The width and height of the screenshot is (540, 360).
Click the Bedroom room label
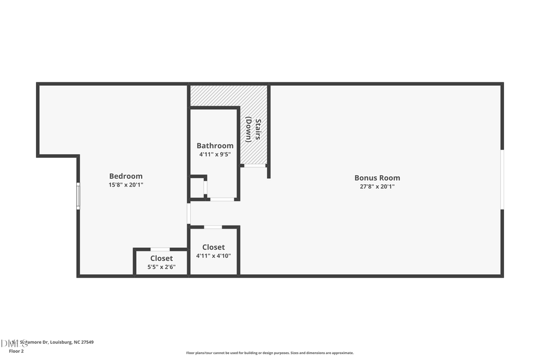(126, 176)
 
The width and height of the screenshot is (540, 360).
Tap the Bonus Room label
(377, 178)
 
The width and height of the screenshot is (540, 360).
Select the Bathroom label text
(215, 146)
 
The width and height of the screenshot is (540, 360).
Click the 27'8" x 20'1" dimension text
(377, 187)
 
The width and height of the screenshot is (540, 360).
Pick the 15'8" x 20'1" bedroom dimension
(126, 185)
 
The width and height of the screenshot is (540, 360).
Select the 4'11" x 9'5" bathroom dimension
(215, 154)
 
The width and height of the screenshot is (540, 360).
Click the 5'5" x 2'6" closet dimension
(161, 267)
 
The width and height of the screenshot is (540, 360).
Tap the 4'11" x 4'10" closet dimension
(213, 256)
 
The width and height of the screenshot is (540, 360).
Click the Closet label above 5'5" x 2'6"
(161, 259)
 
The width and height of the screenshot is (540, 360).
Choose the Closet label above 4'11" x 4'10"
(213, 247)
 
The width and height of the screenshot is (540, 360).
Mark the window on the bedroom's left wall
(78, 196)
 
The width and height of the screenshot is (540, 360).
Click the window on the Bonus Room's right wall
(502, 179)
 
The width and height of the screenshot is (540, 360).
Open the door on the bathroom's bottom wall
(222, 199)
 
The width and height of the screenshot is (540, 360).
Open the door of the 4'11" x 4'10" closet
(212, 227)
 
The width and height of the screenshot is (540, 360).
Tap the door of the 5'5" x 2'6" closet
(160, 249)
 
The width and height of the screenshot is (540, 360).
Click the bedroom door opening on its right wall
(188, 213)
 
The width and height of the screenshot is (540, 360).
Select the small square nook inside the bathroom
(197, 187)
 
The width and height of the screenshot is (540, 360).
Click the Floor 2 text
(16, 351)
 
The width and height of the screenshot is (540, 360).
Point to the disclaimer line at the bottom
(269, 353)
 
